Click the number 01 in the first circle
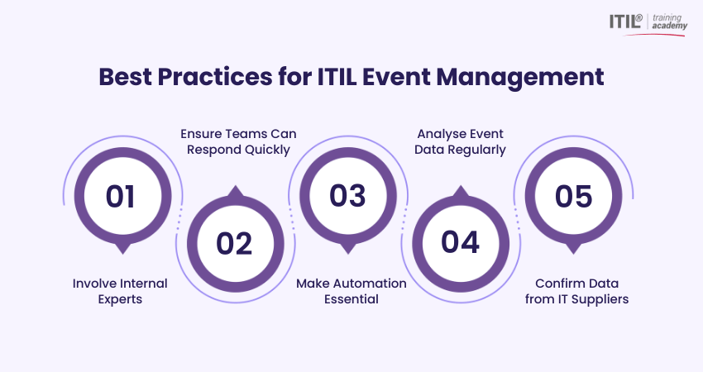pos(120,196)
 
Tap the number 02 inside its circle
pos(234,243)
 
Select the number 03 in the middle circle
pos(347,196)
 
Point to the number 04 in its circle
pos(461,242)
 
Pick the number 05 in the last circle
pos(573,196)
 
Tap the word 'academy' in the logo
pos(669,26)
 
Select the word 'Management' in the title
pos(520,78)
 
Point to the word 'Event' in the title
pos(397,77)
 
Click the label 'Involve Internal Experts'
pos(120,291)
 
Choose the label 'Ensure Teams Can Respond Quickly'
pos(238,141)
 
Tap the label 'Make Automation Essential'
pos(351,291)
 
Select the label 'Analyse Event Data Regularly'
pos(460,141)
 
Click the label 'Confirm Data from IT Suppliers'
pos(577,291)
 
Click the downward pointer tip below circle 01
pos(123,254)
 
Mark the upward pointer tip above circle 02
pos(236,186)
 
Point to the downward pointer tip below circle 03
pos(348,254)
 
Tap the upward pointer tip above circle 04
pos(461,186)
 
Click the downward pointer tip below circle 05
pos(573,254)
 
